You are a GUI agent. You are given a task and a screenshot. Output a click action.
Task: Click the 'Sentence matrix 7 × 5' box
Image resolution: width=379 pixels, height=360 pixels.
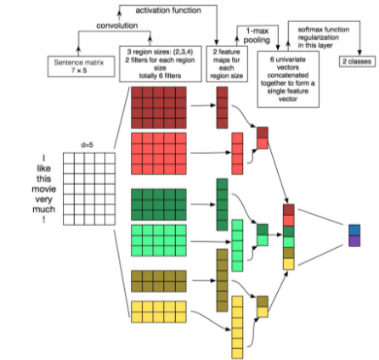(82, 66)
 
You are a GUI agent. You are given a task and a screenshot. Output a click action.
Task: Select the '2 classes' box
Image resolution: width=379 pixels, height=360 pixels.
(357, 61)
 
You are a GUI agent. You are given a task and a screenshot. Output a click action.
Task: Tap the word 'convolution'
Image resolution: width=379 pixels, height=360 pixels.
(117, 25)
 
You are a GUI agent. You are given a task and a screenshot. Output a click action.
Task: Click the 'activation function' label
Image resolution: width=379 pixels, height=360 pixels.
(168, 10)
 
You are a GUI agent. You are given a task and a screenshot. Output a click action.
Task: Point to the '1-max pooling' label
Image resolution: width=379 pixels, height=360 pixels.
(257, 36)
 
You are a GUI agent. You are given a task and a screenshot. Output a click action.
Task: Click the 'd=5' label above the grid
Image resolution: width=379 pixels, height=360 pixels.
(87, 145)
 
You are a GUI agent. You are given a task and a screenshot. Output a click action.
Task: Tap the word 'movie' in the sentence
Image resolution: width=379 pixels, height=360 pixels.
(44, 189)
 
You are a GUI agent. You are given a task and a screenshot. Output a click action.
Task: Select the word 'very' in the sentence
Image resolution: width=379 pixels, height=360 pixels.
(44, 200)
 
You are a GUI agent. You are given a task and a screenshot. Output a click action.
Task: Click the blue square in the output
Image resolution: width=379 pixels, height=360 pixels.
(354, 230)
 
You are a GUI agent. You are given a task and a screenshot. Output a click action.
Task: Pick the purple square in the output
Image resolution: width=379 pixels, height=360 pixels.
(354, 241)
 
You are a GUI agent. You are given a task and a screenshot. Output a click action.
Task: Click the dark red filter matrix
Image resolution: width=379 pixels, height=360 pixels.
(159, 108)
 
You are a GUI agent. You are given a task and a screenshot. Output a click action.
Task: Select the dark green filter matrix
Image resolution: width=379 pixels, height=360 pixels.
(159, 205)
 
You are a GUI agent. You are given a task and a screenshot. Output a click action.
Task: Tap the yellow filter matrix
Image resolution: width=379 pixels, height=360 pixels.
(159, 312)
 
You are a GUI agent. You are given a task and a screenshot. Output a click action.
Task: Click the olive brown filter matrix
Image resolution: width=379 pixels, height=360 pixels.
(159, 281)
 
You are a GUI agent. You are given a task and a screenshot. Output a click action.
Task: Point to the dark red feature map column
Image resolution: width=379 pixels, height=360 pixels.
(222, 108)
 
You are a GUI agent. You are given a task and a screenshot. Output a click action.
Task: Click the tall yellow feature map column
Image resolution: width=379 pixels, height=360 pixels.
(237, 328)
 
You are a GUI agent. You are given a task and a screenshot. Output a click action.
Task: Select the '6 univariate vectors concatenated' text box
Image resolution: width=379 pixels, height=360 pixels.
(288, 79)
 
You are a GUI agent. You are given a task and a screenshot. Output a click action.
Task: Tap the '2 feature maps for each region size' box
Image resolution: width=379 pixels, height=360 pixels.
(227, 64)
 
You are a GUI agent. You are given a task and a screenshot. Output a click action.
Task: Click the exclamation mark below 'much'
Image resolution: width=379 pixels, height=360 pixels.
(44, 219)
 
